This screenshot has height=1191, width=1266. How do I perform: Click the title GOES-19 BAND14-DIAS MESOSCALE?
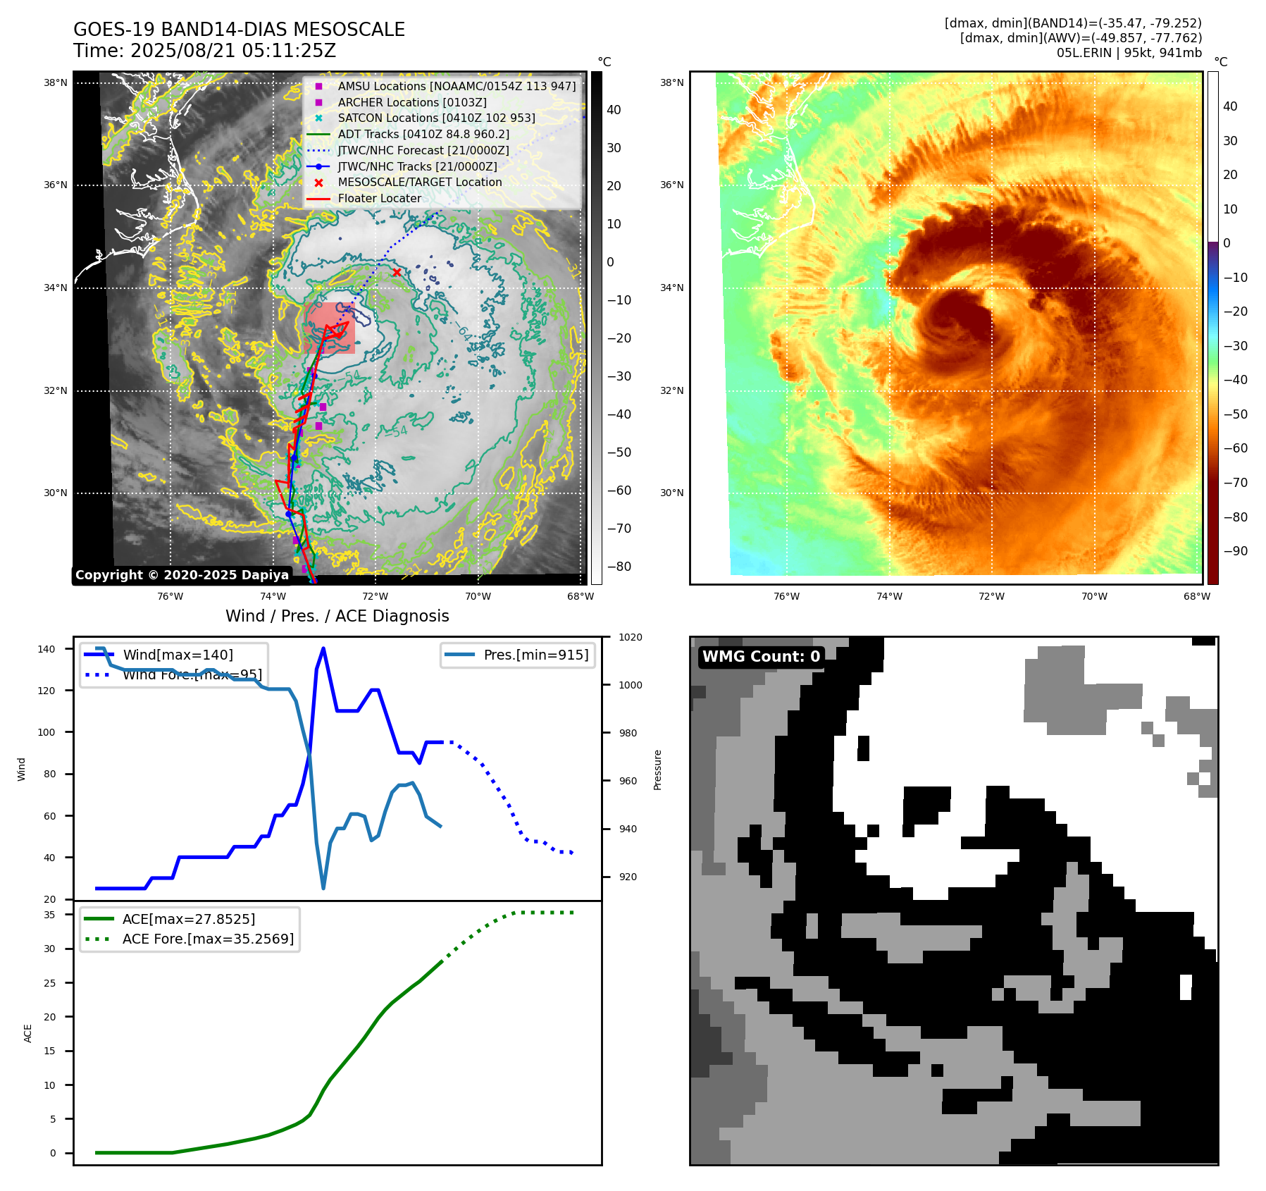point(239,30)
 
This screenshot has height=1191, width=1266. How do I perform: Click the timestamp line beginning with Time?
point(204,51)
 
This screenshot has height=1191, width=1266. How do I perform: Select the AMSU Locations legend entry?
point(457,86)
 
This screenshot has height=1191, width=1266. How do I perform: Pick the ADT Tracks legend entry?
point(423,134)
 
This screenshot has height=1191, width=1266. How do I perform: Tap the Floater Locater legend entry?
point(379,198)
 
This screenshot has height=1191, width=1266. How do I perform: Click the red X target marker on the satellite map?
point(397,272)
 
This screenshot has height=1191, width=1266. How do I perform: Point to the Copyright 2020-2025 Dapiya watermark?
point(182,575)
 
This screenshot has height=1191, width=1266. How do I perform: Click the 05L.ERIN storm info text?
point(1129,53)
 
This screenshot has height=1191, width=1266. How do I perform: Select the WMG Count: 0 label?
point(761,657)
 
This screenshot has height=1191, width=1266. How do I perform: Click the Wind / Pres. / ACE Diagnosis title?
point(337,616)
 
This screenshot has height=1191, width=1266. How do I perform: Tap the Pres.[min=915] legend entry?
point(535,655)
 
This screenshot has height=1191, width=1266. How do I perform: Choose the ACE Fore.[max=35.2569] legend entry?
point(208,939)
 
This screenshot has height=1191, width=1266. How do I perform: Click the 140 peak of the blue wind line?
point(323,648)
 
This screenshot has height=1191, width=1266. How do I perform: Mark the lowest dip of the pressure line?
point(323,888)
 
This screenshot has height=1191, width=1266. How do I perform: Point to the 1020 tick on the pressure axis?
point(630,638)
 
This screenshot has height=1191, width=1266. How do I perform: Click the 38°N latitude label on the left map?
point(56,82)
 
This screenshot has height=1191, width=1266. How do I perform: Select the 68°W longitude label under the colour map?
point(1196,596)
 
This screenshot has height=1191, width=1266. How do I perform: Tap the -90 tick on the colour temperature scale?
point(1235,551)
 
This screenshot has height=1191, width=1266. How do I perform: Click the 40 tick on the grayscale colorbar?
point(614,110)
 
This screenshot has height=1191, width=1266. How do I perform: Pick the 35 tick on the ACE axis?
point(49,915)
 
